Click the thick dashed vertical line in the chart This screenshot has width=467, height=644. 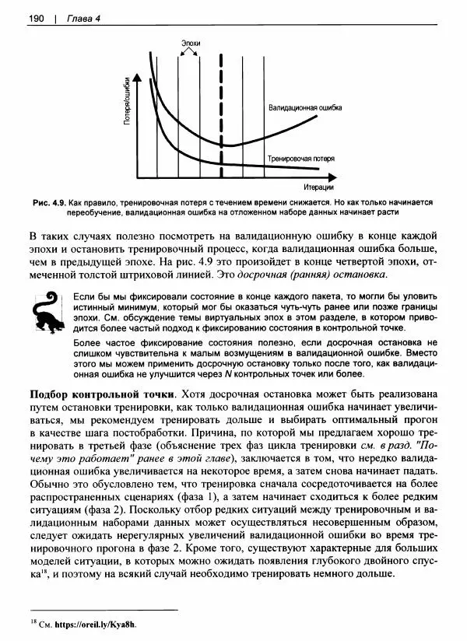point(223,117)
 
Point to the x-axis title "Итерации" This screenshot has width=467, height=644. point(319,187)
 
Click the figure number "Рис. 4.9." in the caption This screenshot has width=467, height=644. point(51,201)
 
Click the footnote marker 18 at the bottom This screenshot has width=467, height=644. point(32,622)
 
